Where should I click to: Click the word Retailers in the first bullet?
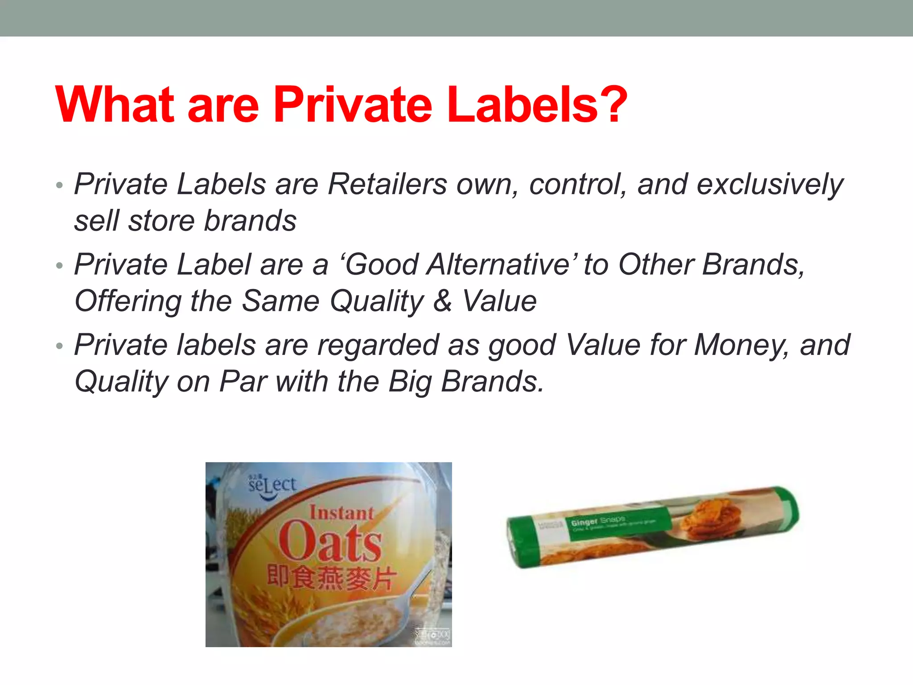click(387, 184)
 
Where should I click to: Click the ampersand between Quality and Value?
click(443, 301)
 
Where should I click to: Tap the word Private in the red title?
click(353, 105)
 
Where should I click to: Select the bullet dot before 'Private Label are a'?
click(60, 266)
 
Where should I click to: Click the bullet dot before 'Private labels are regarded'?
click(60, 346)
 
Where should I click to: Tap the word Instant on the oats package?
click(341, 513)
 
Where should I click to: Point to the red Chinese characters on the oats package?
click(331, 578)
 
